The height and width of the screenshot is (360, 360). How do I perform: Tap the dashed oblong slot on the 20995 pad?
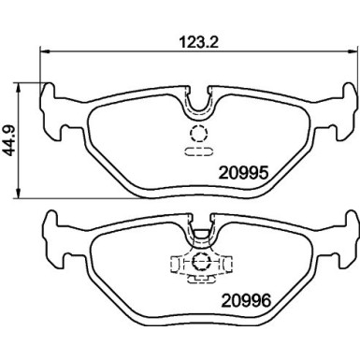click(x=197, y=150)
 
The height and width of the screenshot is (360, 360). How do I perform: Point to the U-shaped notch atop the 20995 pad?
click(x=197, y=102)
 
